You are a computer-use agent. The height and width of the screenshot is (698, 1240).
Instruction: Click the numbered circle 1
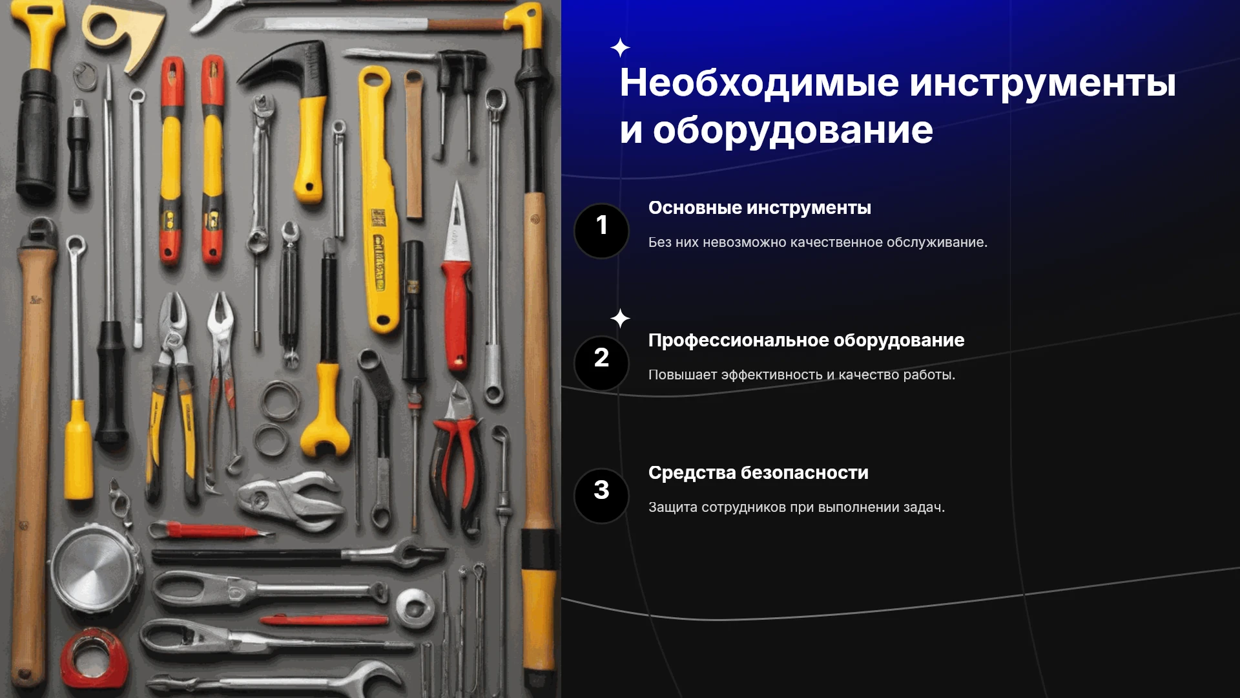(601, 231)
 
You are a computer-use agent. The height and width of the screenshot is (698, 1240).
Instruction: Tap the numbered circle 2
(601, 363)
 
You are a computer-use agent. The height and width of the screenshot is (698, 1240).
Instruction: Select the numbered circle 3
(601, 496)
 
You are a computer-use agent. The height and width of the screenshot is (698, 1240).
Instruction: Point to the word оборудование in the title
(793, 131)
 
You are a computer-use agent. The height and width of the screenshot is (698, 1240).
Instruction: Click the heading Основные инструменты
(759, 208)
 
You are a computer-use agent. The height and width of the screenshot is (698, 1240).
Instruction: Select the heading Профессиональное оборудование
(806, 341)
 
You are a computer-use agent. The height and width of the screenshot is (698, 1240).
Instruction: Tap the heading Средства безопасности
(758, 473)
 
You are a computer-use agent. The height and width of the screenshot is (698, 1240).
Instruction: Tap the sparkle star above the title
(620, 48)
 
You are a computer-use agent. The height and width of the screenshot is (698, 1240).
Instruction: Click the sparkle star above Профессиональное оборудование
(620, 318)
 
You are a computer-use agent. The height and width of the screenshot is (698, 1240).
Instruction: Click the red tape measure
(94, 659)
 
